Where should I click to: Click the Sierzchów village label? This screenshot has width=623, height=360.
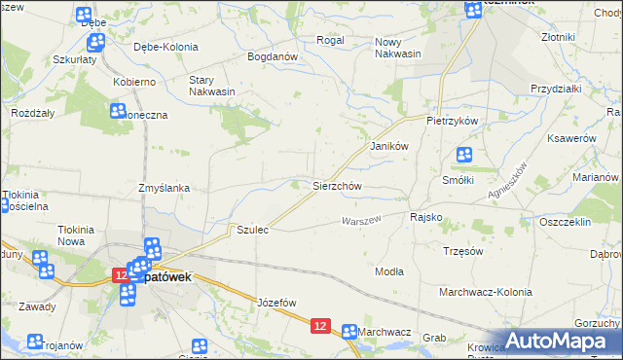pos(337,186)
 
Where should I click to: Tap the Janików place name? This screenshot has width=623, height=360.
pos(386,145)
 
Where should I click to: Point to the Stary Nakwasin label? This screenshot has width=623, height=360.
pos(212,86)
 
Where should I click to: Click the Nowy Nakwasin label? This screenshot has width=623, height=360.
pos(398,48)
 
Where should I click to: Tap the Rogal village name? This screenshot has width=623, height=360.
pos(331,41)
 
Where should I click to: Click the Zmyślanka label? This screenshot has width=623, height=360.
pos(163,188)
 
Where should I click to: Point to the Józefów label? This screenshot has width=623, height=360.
pos(276,303)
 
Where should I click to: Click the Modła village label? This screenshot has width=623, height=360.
pos(389,271)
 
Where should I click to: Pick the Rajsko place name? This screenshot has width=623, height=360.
pos(426,217)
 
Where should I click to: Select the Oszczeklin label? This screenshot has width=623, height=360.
pos(566,222)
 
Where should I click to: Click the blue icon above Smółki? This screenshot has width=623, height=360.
pos(464,156)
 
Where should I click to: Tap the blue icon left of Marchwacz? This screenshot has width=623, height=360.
pos(348,332)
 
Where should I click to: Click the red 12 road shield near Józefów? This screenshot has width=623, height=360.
pos(320,327)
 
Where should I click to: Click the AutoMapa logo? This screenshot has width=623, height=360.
pos(564,341)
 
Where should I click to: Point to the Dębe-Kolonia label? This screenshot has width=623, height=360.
pos(165,47)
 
